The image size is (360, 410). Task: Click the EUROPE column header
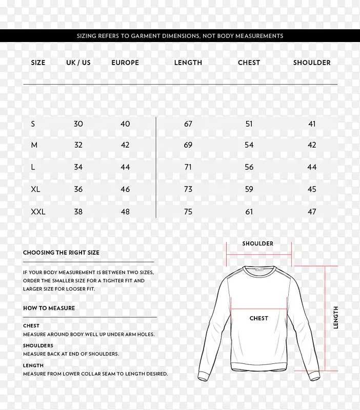point(125,63)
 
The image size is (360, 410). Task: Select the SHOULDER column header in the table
point(312,63)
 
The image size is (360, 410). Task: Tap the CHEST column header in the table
point(249,63)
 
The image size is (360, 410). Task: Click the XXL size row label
point(38,211)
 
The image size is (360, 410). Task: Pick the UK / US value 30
point(78,124)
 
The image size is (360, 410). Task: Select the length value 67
point(188,124)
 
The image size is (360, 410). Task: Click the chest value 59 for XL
point(249,189)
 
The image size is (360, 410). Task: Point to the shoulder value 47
point(312,211)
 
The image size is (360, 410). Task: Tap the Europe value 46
point(125,189)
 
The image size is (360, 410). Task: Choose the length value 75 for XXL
point(188,211)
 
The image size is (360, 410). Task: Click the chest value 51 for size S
point(249,124)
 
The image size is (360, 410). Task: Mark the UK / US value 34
point(78,167)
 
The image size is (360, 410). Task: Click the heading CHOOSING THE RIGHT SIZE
point(61,253)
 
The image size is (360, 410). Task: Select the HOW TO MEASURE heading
point(49,308)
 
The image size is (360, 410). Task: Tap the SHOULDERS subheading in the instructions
point(38,345)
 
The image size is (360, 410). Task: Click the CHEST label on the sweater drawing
point(258,318)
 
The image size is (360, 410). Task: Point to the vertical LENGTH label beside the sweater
point(336,317)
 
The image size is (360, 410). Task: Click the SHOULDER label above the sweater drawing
point(258,243)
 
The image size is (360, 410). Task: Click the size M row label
point(34,146)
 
